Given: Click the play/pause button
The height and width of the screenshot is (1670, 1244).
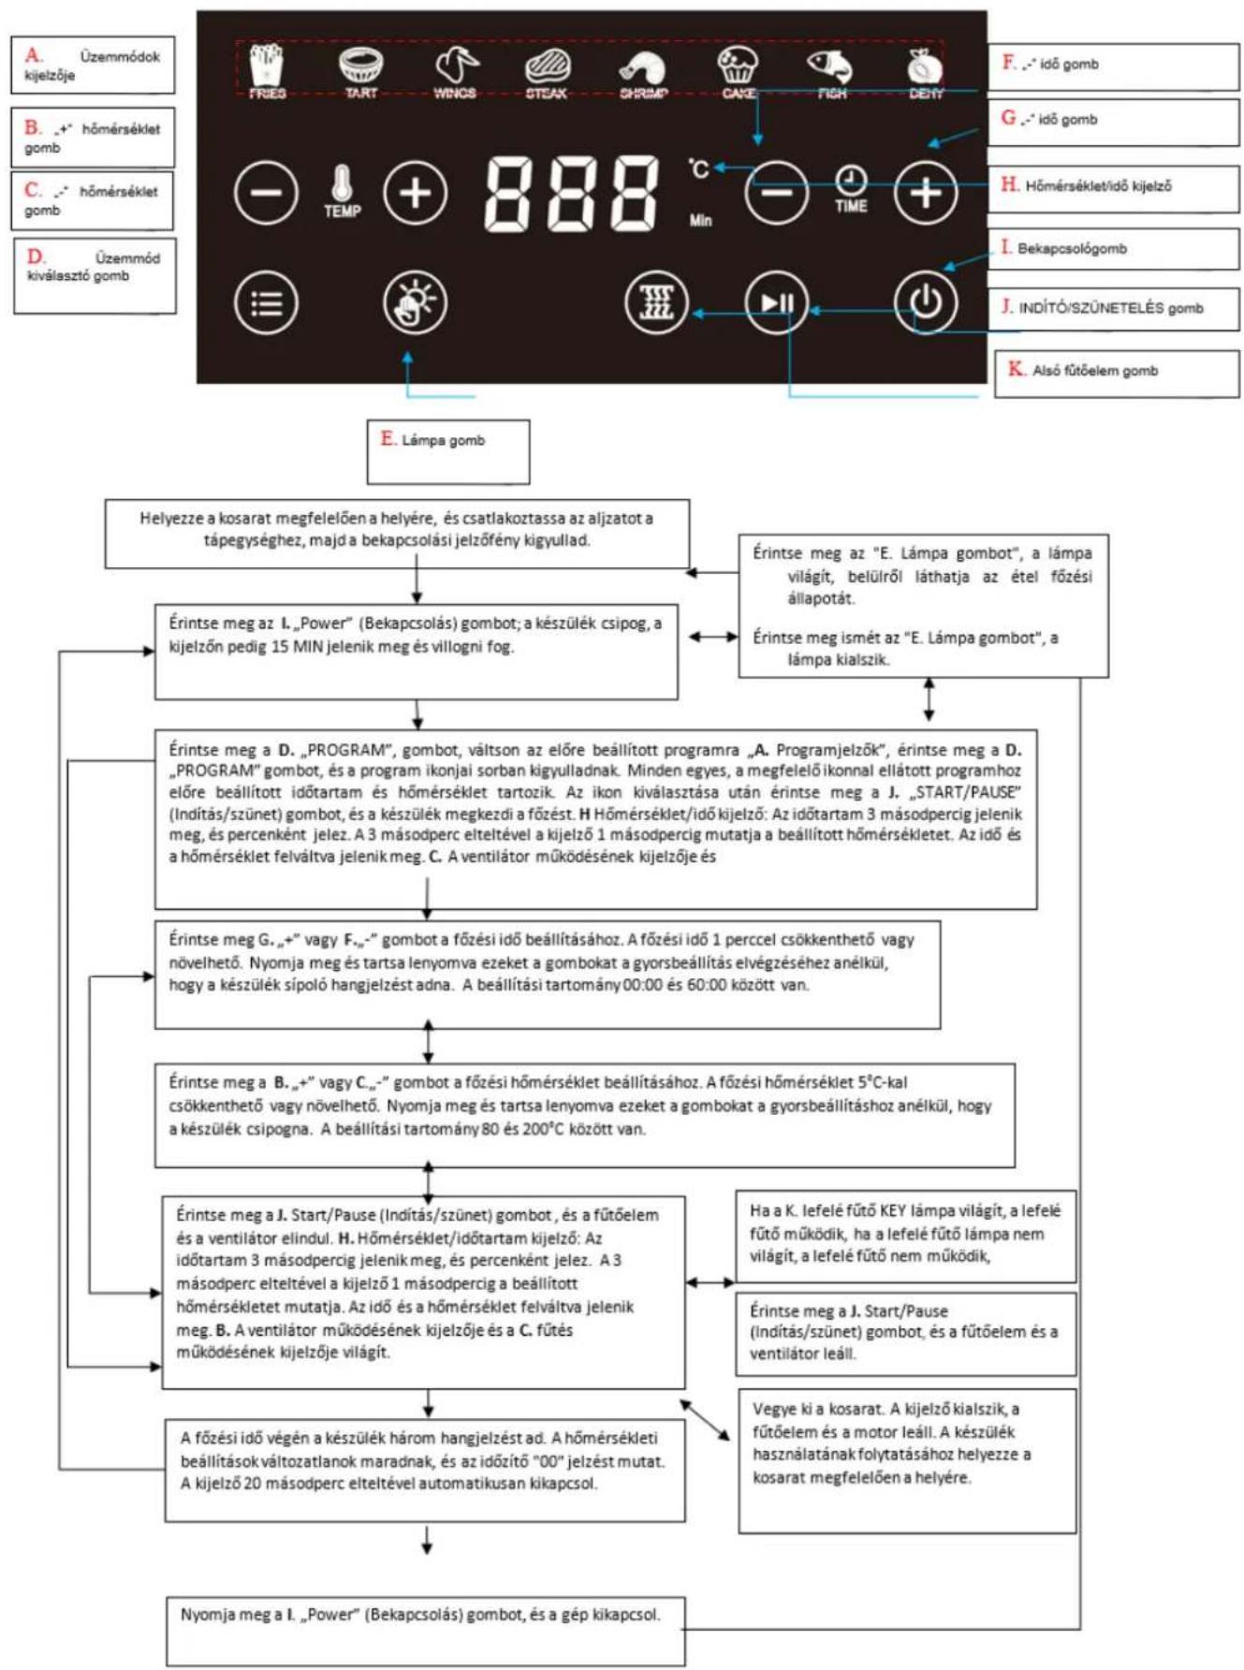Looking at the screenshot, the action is tap(777, 302).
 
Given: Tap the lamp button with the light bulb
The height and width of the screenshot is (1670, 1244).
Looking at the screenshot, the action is tap(415, 302).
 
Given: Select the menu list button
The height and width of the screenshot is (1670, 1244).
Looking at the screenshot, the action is tap(267, 302).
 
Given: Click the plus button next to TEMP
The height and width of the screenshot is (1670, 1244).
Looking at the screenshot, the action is tap(416, 193).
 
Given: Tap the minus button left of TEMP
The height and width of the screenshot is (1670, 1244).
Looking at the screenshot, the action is tap(267, 193).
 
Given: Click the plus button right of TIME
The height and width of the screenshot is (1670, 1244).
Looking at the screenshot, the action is tap(926, 193).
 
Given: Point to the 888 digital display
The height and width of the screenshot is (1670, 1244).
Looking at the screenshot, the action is tap(571, 194).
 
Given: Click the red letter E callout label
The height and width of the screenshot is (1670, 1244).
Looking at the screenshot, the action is tap(388, 438).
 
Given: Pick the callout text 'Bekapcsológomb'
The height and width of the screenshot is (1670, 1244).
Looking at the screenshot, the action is tap(1072, 248).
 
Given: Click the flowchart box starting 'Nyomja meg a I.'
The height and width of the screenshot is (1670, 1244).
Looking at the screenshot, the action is tap(426, 1631).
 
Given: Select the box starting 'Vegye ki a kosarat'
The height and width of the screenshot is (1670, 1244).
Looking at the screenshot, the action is tap(907, 1461).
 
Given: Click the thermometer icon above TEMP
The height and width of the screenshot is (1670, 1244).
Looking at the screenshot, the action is tap(342, 183).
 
